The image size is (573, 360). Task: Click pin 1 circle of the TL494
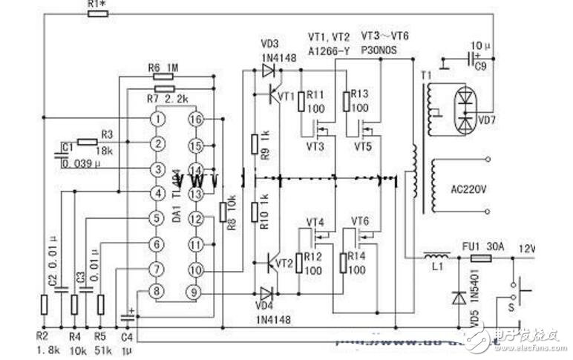click(x=157, y=119)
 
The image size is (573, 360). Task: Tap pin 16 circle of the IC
click(x=196, y=119)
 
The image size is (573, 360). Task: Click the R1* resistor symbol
click(x=96, y=14)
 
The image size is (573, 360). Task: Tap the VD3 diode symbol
click(x=269, y=71)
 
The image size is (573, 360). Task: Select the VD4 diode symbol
click(x=269, y=292)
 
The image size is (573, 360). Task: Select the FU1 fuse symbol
click(x=480, y=258)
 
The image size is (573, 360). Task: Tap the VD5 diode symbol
click(x=458, y=296)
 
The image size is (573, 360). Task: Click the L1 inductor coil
click(x=432, y=257)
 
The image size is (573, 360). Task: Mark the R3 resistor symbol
click(x=87, y=142)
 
